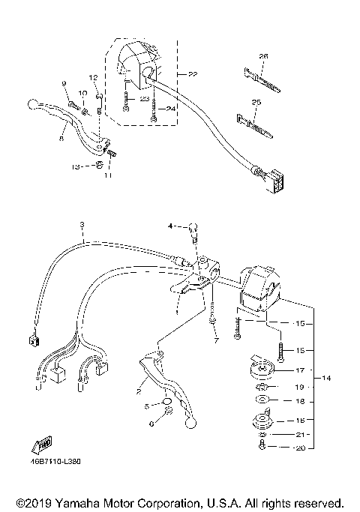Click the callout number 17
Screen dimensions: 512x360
click(x=299, y=370)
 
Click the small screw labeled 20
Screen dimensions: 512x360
click(x=261, y=448)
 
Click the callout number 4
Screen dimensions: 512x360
click(x=170, y=226)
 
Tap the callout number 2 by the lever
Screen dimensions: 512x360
click(x=138, y=391)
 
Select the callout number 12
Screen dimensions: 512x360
click(x=94, y=77)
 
